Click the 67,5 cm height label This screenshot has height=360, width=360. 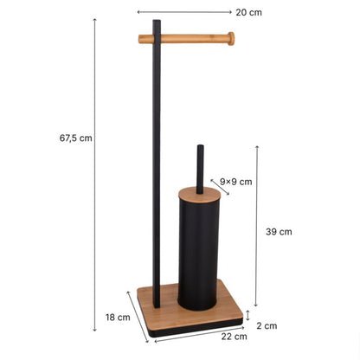click(75, 138)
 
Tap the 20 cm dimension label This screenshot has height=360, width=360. click(249, 12)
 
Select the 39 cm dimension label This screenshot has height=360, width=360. click(279, 232)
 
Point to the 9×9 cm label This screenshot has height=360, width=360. click(236, 182)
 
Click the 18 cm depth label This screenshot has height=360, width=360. click(118, 318)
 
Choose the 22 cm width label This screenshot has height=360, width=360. click(235, 337)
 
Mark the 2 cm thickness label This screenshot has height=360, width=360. click(267, 325)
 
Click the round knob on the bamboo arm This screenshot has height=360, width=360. click(231, 39)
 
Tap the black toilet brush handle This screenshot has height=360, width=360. click(200, 169)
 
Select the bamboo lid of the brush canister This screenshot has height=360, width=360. click(200, 194)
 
